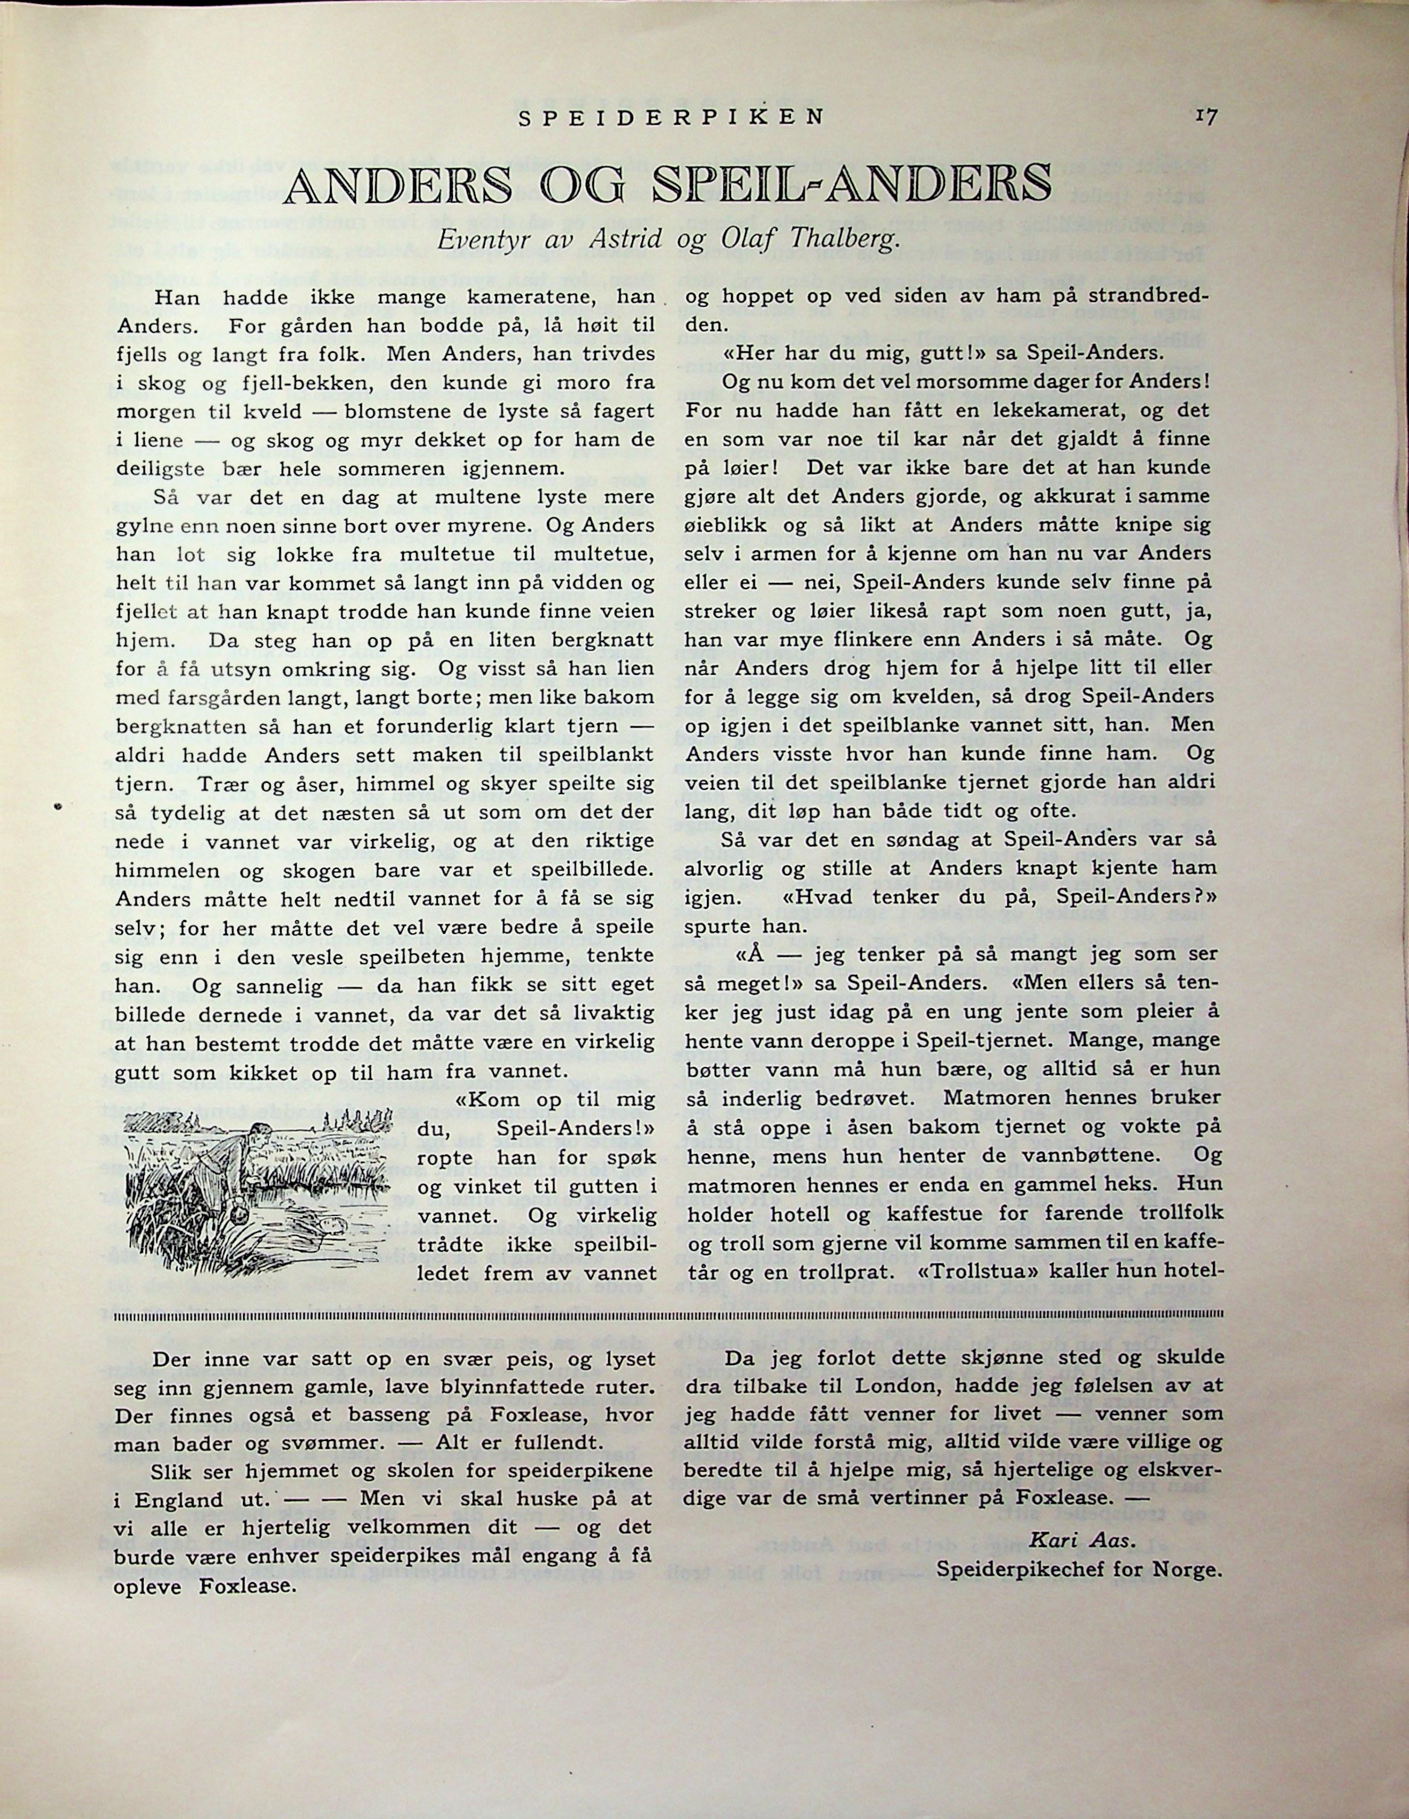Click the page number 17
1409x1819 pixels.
(x=1205, y=116)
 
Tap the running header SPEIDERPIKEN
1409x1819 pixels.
(x=671, y=118)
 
